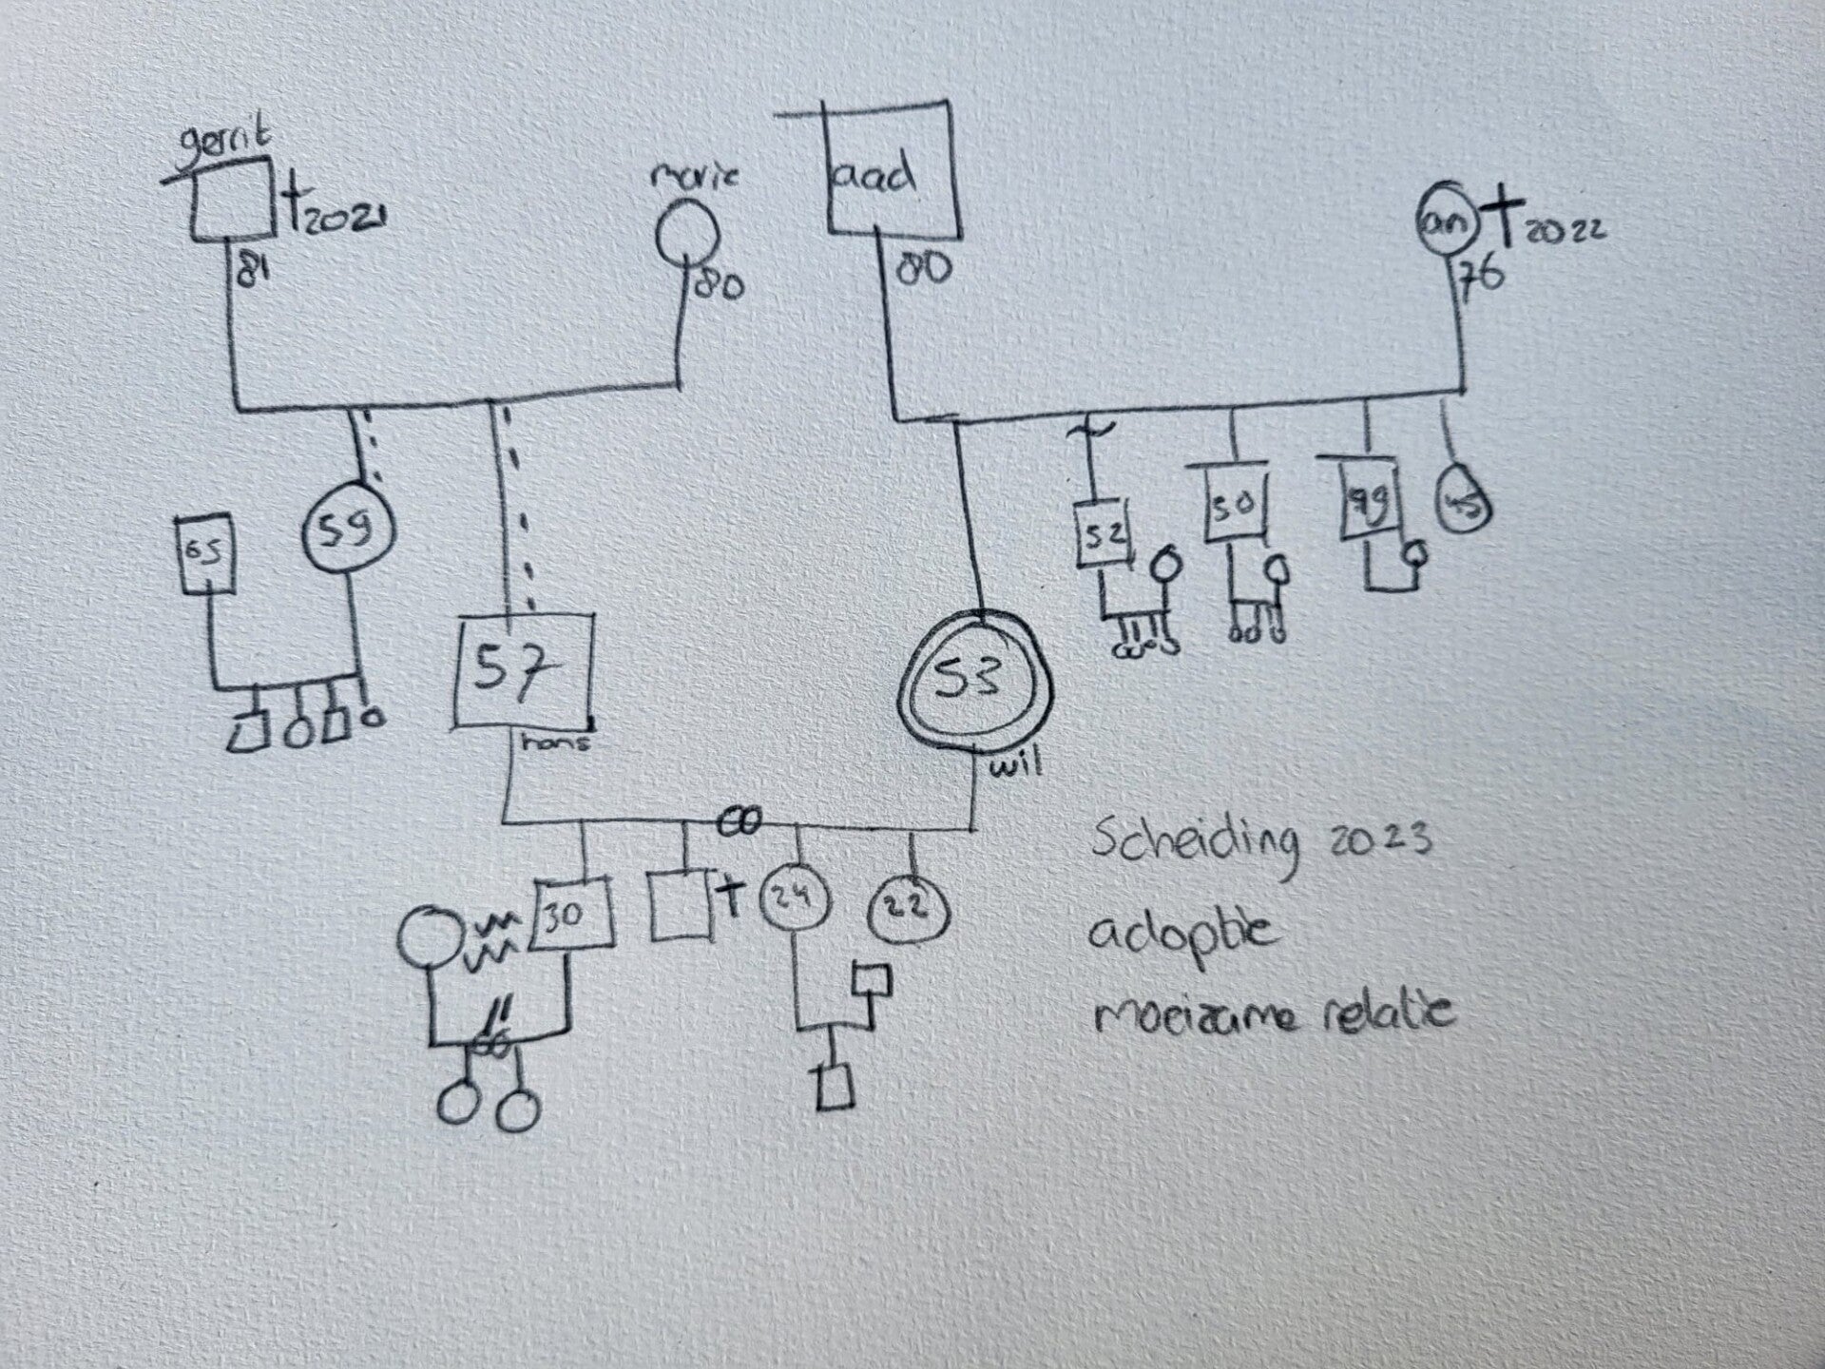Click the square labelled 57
524,674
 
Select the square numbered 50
1235,504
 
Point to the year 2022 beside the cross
1564,231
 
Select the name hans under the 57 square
555,742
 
